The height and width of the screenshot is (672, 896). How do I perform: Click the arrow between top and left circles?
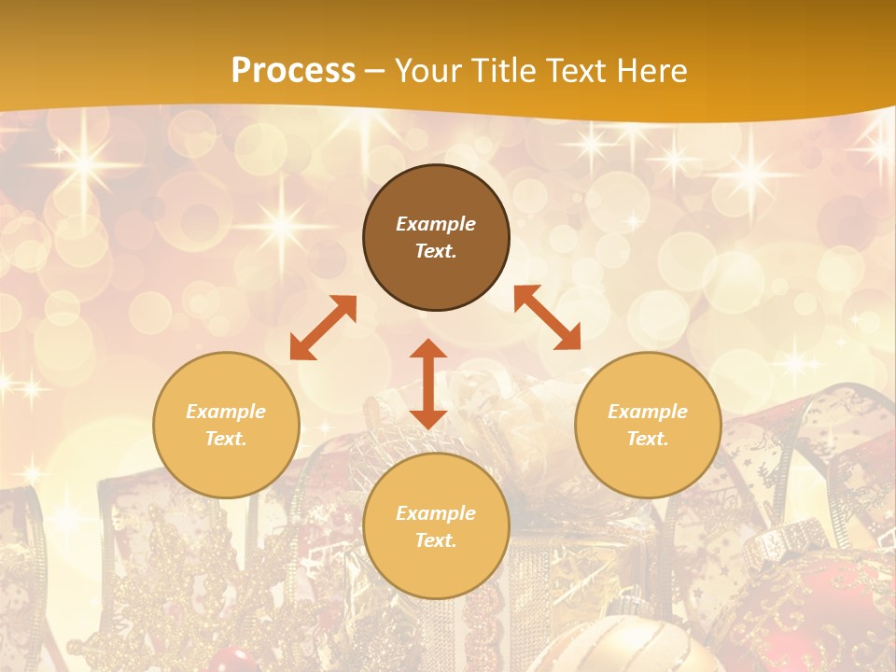[x=324, y=328]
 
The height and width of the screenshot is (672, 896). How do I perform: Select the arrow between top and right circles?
[x=547, y=317]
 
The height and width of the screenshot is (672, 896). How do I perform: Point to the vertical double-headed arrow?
[x=428, y=384]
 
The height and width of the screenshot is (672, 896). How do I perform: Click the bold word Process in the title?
[x=293, y=70]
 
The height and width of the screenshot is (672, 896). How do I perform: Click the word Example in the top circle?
[x=436, y=224]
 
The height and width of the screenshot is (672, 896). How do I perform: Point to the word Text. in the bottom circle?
[x=436, y=540]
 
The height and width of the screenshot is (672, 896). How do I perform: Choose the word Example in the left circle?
[x=226, y=412]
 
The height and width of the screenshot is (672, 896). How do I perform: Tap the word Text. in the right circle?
[x=648, y=439]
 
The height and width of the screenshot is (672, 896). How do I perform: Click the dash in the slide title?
[x=375, y=71]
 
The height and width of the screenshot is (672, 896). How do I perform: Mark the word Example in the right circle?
[x=648, y=412]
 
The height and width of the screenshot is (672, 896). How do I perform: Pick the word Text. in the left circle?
[x=226, y=439]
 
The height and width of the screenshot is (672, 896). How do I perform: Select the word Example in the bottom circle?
[x=436, y=513]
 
